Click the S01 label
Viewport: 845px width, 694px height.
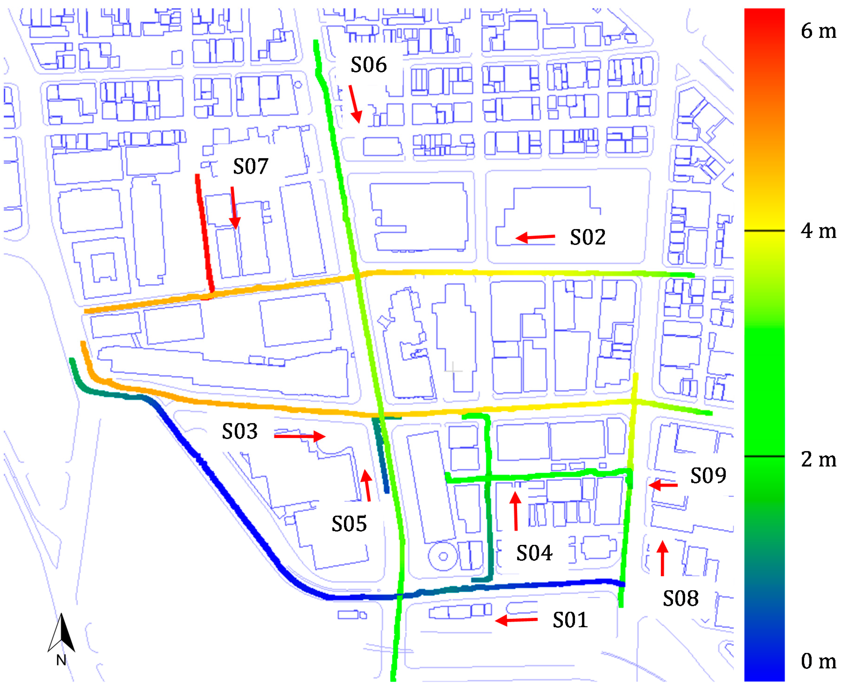(x=570, y=620)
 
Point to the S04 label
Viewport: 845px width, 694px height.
(x=534, y=553)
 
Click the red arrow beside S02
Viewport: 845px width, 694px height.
(x=535, y=237)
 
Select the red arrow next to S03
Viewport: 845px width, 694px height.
(x=300, y=436)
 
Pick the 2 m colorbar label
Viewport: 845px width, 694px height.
(x=818, y=459)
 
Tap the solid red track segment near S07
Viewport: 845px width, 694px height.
(x=204, y=234)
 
